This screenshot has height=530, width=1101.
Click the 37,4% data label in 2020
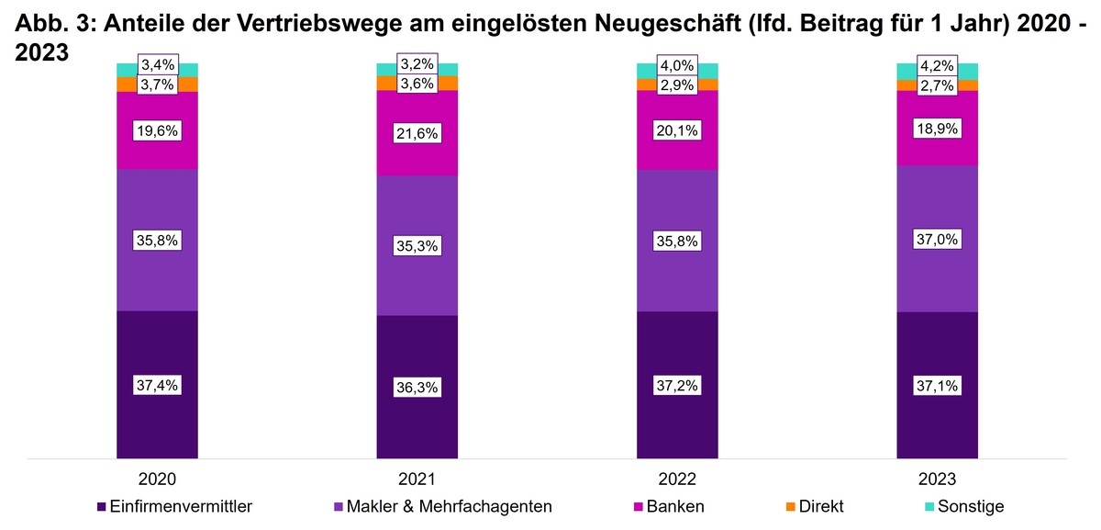point(157,385)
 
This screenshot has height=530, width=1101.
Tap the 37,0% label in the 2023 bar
point(937,239)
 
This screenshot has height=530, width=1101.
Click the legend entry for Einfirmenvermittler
point(174,506)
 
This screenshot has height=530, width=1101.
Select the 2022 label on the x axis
point(677,479)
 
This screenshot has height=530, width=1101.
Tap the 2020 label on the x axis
point(157,479)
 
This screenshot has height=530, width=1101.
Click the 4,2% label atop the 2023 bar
point(937,66)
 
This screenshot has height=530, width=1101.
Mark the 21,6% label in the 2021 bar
point(417,133)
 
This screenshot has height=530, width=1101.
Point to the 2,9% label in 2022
point(677,85)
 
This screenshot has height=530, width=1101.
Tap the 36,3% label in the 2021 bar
point(417,387)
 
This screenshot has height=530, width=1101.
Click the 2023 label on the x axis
point(937,479)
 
